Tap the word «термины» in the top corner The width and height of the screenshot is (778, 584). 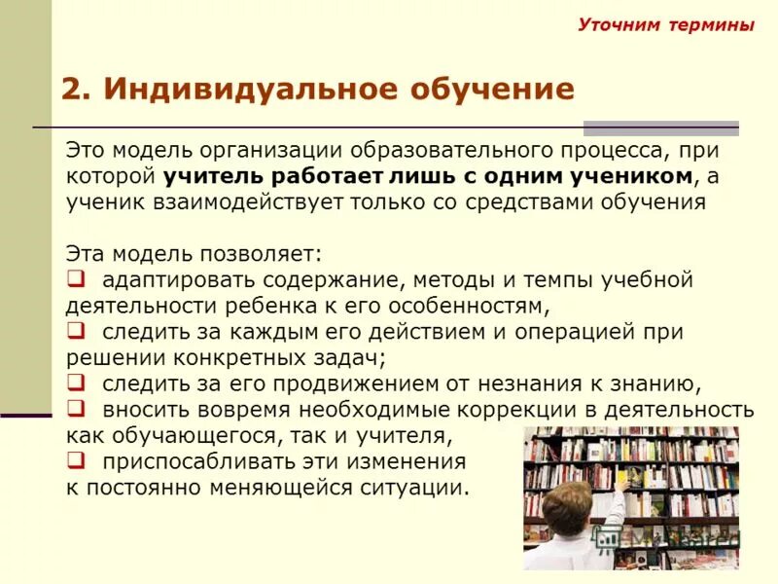(711, 25)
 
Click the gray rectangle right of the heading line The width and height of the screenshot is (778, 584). (660, 128)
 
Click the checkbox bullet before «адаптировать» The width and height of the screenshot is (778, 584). (75, 279)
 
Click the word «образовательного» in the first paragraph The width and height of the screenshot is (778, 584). (431, 152)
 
